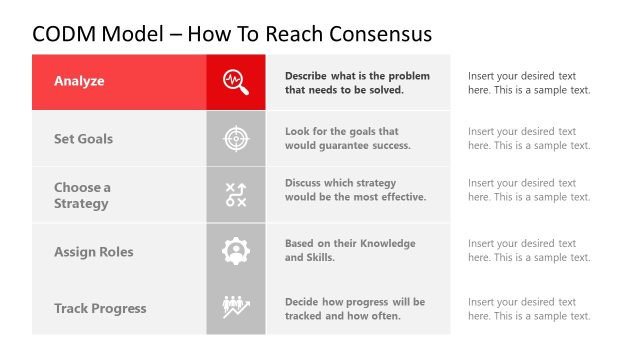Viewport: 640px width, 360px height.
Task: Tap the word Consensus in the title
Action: (375, 34)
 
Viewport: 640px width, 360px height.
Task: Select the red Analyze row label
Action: (79, 81)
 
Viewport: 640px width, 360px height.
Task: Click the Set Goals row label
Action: (83, 139)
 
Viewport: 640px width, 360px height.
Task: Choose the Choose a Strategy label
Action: (82, 195)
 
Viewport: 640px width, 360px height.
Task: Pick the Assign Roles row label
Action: (93, 252)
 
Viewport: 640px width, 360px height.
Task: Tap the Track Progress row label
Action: (100, 308)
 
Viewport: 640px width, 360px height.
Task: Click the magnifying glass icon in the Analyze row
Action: (236, 81)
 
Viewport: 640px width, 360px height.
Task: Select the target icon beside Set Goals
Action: (236, 139)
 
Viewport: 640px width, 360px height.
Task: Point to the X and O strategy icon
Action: (236, 195)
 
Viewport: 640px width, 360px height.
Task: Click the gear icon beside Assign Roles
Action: (236, 252)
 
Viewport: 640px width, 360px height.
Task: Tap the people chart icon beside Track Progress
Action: (236, 308)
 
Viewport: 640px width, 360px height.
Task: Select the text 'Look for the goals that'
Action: (341, 132)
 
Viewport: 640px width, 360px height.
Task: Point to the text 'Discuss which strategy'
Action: (340, 183)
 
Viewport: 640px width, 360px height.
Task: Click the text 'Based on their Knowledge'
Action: (350, 244)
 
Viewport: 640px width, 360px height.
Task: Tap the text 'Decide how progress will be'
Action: (354, 302)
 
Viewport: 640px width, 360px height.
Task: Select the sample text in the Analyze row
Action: (528, 82)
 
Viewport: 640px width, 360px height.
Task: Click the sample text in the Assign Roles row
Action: (528, 251)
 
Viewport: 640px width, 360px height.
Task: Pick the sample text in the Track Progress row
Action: (528, 309)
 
